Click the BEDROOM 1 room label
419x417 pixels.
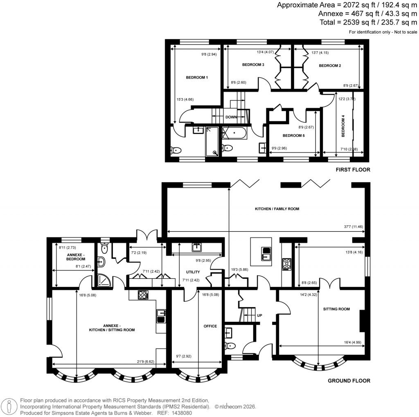click(197, 78)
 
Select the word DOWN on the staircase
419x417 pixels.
click(231, 117)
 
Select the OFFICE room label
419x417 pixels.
click(210, 326)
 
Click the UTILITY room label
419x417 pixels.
click(193, 272)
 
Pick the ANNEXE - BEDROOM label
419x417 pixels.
click(76, 256)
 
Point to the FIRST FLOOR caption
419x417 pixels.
click(353, 169)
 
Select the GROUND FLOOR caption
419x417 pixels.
click(349, 381)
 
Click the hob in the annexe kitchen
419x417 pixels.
click(143, 294)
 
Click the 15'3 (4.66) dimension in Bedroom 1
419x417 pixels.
click(185, 99)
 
